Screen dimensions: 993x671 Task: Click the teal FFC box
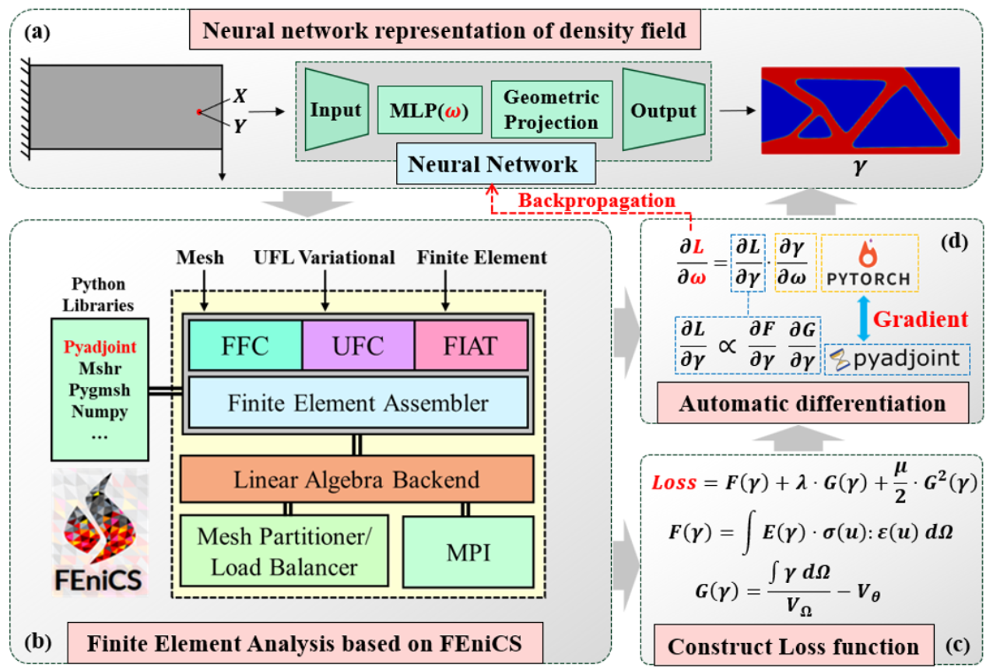pyautogui.click(x=246, y=346)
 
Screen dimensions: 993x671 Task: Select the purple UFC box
pyautogui.click(x=358, y=346)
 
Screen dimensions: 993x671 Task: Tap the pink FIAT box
pyautogui.click(x=471, y=346)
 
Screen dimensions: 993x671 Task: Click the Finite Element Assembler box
pyautogui.click(x=358, y=402)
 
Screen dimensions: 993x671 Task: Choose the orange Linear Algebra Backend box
pyautogui.click(x=357, y=479)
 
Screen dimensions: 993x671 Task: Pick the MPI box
pyautogui.click(x=468, y=552)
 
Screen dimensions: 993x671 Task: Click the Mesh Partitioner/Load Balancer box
pyautogui.click(x=284, y=551)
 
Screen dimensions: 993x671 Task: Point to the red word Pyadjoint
pyautogui.click(x=100, y=347)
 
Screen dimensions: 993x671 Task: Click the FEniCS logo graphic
pyautogui.click(x=100, y=532)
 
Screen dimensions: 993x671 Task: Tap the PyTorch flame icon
pyautogui.click(x=868, y=253)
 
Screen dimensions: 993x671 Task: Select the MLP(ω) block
pyautogui.click(x=430, y=110)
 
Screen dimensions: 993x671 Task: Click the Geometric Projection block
pyautogui.click(x=552, y=110)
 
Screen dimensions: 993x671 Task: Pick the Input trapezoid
pyautogui.click(x=336, y=110)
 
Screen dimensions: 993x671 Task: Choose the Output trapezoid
pyautogui.click(x=664, y=110)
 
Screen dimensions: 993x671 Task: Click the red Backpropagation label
pyautogui.click(x=597, y=201)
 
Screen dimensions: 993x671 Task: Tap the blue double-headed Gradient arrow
pyautogui.click(x=863, y=318)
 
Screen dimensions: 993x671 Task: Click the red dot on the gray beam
pyautogui.click(x=199, y=112)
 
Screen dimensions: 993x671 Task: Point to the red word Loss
pyautogui.click(x=674, y=482)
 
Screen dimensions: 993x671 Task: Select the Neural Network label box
pyautogui.click(x=496, y=163)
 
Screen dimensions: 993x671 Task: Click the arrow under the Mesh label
pyautogui.click(x=204, y=290)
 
